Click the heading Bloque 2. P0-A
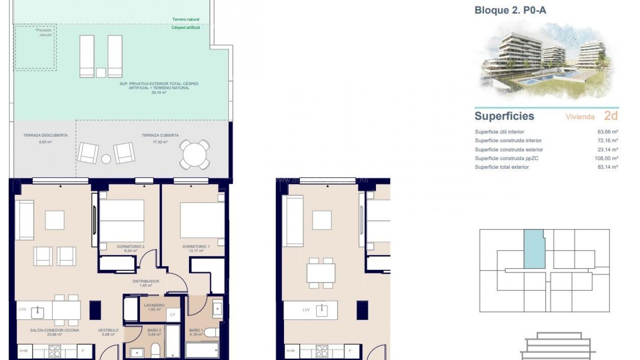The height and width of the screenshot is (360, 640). [510, 10]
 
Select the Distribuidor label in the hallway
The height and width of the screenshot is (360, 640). [146, 281]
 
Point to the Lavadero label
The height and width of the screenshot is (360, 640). [154, 305]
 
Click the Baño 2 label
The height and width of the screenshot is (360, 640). [154, 330]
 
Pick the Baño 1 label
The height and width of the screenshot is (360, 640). [196, 330]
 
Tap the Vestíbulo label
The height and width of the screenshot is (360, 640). [108, 330]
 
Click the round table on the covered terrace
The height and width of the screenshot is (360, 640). [195, 155]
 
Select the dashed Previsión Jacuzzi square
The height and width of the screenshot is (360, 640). [35, 47]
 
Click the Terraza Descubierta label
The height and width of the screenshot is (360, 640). [45, 135]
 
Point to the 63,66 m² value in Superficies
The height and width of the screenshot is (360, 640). [608, 132]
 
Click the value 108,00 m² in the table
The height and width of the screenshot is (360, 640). [606, 158]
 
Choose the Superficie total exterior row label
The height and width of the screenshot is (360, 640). [502, 167]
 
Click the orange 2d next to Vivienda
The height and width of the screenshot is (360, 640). [611, 116]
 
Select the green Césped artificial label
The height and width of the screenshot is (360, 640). [186, 28]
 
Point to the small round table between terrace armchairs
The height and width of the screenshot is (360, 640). [106, 159]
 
